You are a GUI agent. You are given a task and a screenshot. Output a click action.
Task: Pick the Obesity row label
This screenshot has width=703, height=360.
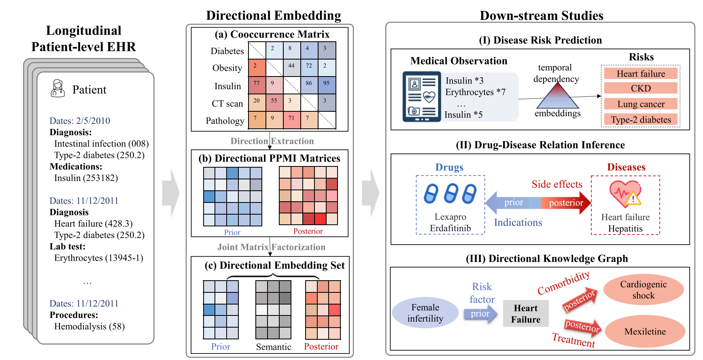tap(227, 68)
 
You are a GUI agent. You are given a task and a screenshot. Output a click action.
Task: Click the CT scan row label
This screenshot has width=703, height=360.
tap(227, 104)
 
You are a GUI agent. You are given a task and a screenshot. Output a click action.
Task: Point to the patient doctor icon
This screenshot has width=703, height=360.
tap(57, 88)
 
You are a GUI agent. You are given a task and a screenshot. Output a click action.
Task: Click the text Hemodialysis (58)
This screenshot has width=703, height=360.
tap(89, 326)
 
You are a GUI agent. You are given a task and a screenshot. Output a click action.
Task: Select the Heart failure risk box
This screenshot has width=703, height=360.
tap(640, 74)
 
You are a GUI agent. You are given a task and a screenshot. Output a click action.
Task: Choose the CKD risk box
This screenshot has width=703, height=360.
tap(640, 88)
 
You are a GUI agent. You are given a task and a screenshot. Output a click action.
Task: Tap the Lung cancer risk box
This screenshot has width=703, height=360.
tap(640, 104)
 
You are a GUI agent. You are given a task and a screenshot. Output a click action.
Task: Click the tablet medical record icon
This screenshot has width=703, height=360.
tap(421, 96)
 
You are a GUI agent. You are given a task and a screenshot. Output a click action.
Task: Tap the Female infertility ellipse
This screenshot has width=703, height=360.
tap(425, 313)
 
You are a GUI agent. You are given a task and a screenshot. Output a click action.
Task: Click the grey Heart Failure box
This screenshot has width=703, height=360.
tap(525, 313)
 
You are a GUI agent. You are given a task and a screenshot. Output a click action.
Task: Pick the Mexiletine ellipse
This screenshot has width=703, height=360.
tap(645, 332)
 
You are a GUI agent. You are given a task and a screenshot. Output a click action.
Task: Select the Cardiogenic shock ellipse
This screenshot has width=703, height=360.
tap(643, 290)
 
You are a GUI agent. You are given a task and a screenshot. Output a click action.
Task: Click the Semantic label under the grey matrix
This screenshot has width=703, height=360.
tap(274, 347)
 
